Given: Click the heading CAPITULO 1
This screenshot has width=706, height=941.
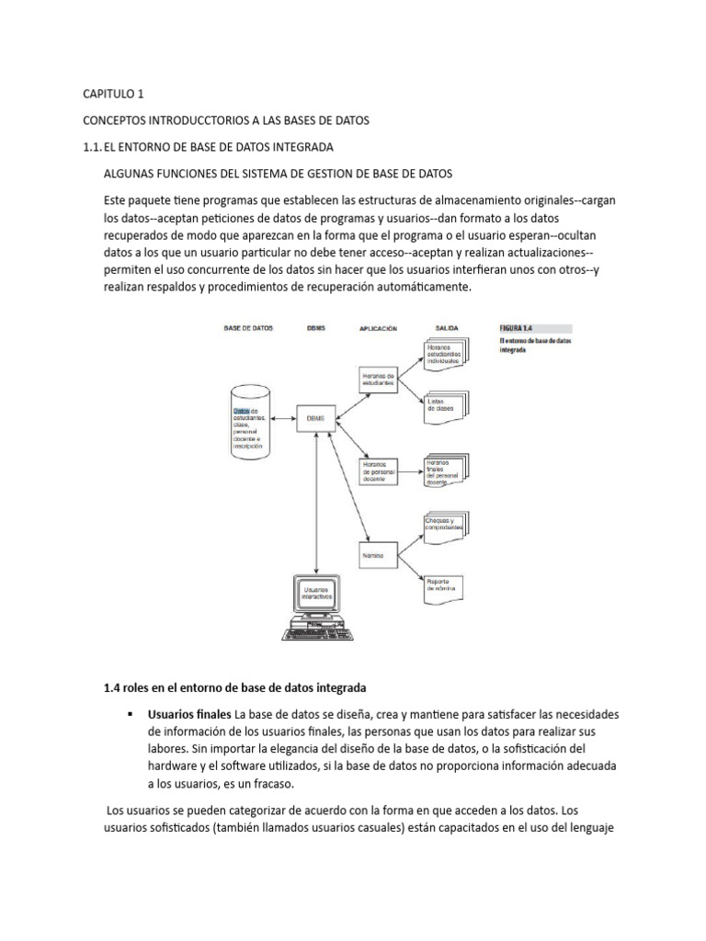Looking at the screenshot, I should point(114,94).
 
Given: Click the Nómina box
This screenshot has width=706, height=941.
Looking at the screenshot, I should point(380,557).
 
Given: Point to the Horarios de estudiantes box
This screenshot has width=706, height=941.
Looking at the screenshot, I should point(379,380).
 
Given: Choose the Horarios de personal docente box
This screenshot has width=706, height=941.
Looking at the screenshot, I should point(380,470).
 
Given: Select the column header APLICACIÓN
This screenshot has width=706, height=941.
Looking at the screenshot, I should point(378,327).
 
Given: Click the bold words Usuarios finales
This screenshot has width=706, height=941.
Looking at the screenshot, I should point(189,714).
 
